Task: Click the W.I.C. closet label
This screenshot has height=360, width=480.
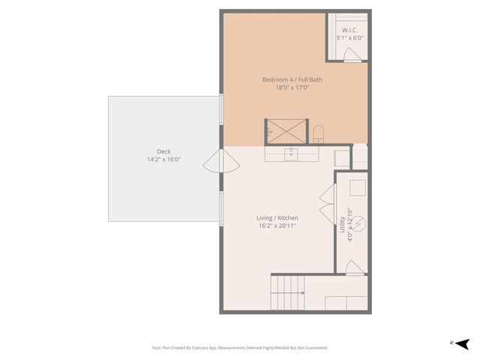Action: tap(347, 30)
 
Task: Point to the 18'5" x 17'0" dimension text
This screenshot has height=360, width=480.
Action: tap(292, 88)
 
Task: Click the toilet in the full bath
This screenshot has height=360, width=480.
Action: tap(318, 133)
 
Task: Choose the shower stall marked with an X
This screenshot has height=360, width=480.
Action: tap(286, 130)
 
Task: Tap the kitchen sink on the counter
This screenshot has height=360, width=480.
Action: tap(292, 154)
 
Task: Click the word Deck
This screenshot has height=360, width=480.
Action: tap(163, 151)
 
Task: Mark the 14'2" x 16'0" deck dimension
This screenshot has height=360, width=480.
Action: tap(163, 159)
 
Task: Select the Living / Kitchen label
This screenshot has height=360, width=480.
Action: tap(277, 217)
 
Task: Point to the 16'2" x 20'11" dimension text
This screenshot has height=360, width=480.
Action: tap(277, 225)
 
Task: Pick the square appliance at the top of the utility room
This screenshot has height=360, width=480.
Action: tap(357, 187)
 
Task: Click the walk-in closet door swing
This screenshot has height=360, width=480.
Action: tap(350, 53)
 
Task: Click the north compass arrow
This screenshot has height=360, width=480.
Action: tap(462, 343)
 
